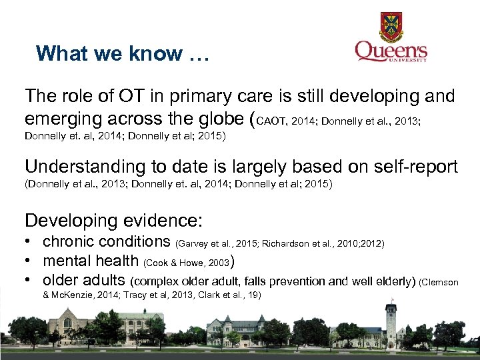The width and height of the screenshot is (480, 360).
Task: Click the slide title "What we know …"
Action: [123, 53]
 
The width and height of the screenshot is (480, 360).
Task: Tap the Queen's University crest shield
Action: [391, 27]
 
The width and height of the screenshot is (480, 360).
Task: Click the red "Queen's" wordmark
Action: [391, 51]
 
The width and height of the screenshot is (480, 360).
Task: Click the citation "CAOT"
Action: [271, 121]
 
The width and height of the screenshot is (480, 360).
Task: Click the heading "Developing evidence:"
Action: [113, 220]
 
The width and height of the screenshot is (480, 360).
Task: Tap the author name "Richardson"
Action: [285, 244]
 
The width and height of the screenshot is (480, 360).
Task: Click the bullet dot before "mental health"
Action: [29, 261]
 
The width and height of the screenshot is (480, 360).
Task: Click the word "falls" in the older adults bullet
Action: [302, 281]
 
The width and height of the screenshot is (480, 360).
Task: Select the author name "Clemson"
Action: [441, 282]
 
